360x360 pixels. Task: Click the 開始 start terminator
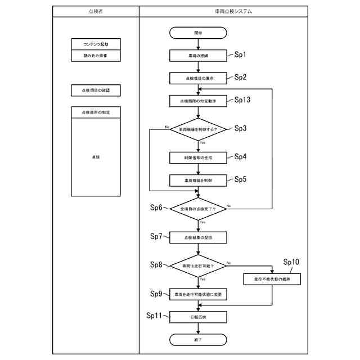[x=198, y=33]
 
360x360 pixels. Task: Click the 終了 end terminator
[x=198, y=340]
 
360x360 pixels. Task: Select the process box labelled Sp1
[x=198, y=56]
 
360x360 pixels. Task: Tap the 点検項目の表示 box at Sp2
[x=198, y=78]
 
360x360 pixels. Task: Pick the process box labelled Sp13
[x=198, y=101]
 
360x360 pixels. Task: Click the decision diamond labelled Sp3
[x=198, y=129]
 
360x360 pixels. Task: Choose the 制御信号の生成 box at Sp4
[x=198, y=157]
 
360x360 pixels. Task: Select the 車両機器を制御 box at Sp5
[x=198, y=181]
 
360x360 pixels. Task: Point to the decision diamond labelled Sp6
[x=198, y=208]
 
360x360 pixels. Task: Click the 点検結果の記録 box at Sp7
[x=198, y=238]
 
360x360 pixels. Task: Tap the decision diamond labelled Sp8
[x=198, y=265]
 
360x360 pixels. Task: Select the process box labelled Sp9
[x=198, y=294]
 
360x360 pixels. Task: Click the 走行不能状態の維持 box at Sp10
[x=272, y=278]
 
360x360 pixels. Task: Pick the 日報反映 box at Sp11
[x=198, y=317]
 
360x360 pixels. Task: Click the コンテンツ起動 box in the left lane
[x=96, y=44]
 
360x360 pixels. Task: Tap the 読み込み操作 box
[x=96, y=56]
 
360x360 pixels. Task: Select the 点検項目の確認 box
[x=96, y=90]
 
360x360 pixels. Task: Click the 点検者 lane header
[x=96, y=11]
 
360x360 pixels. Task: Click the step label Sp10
[x=291, y=262]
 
